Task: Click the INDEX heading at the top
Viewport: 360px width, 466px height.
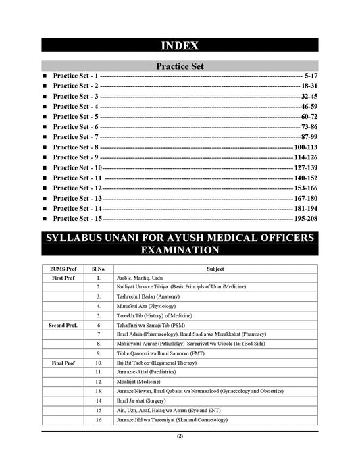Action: tap(180, 46)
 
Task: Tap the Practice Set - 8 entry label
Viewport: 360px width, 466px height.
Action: tap(76, 147)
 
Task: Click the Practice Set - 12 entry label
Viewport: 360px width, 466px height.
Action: tap(78, 188)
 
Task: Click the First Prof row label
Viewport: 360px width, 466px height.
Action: tap(63, 278)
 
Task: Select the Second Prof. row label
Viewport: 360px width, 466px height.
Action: tap(63, 326)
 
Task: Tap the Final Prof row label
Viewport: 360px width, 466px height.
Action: tap(63, 363)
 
